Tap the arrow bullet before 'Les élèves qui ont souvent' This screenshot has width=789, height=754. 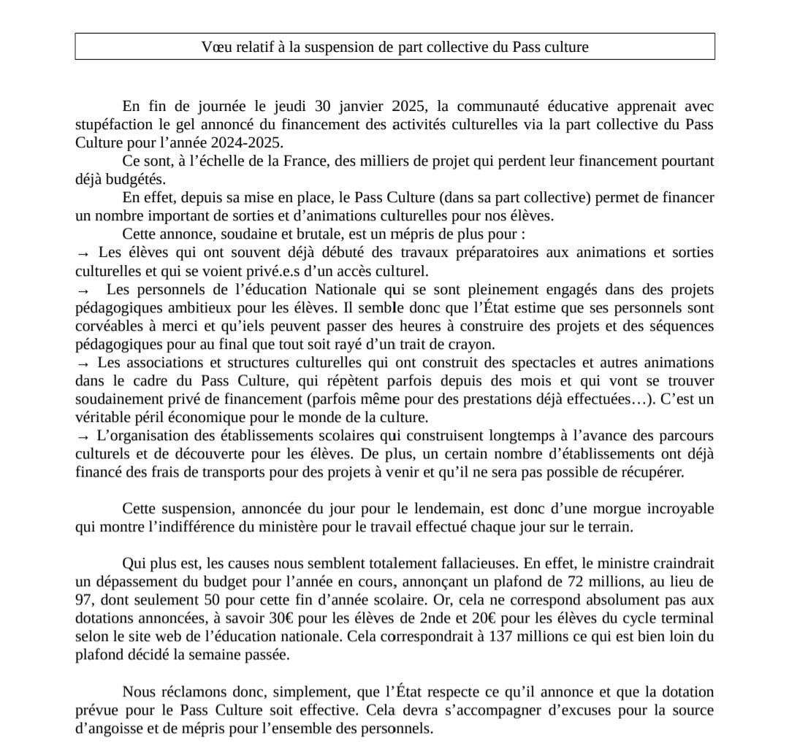coord(83,253)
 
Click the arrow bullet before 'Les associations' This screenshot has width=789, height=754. coord(83,363)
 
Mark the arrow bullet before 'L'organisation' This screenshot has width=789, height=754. coord(83,436)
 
